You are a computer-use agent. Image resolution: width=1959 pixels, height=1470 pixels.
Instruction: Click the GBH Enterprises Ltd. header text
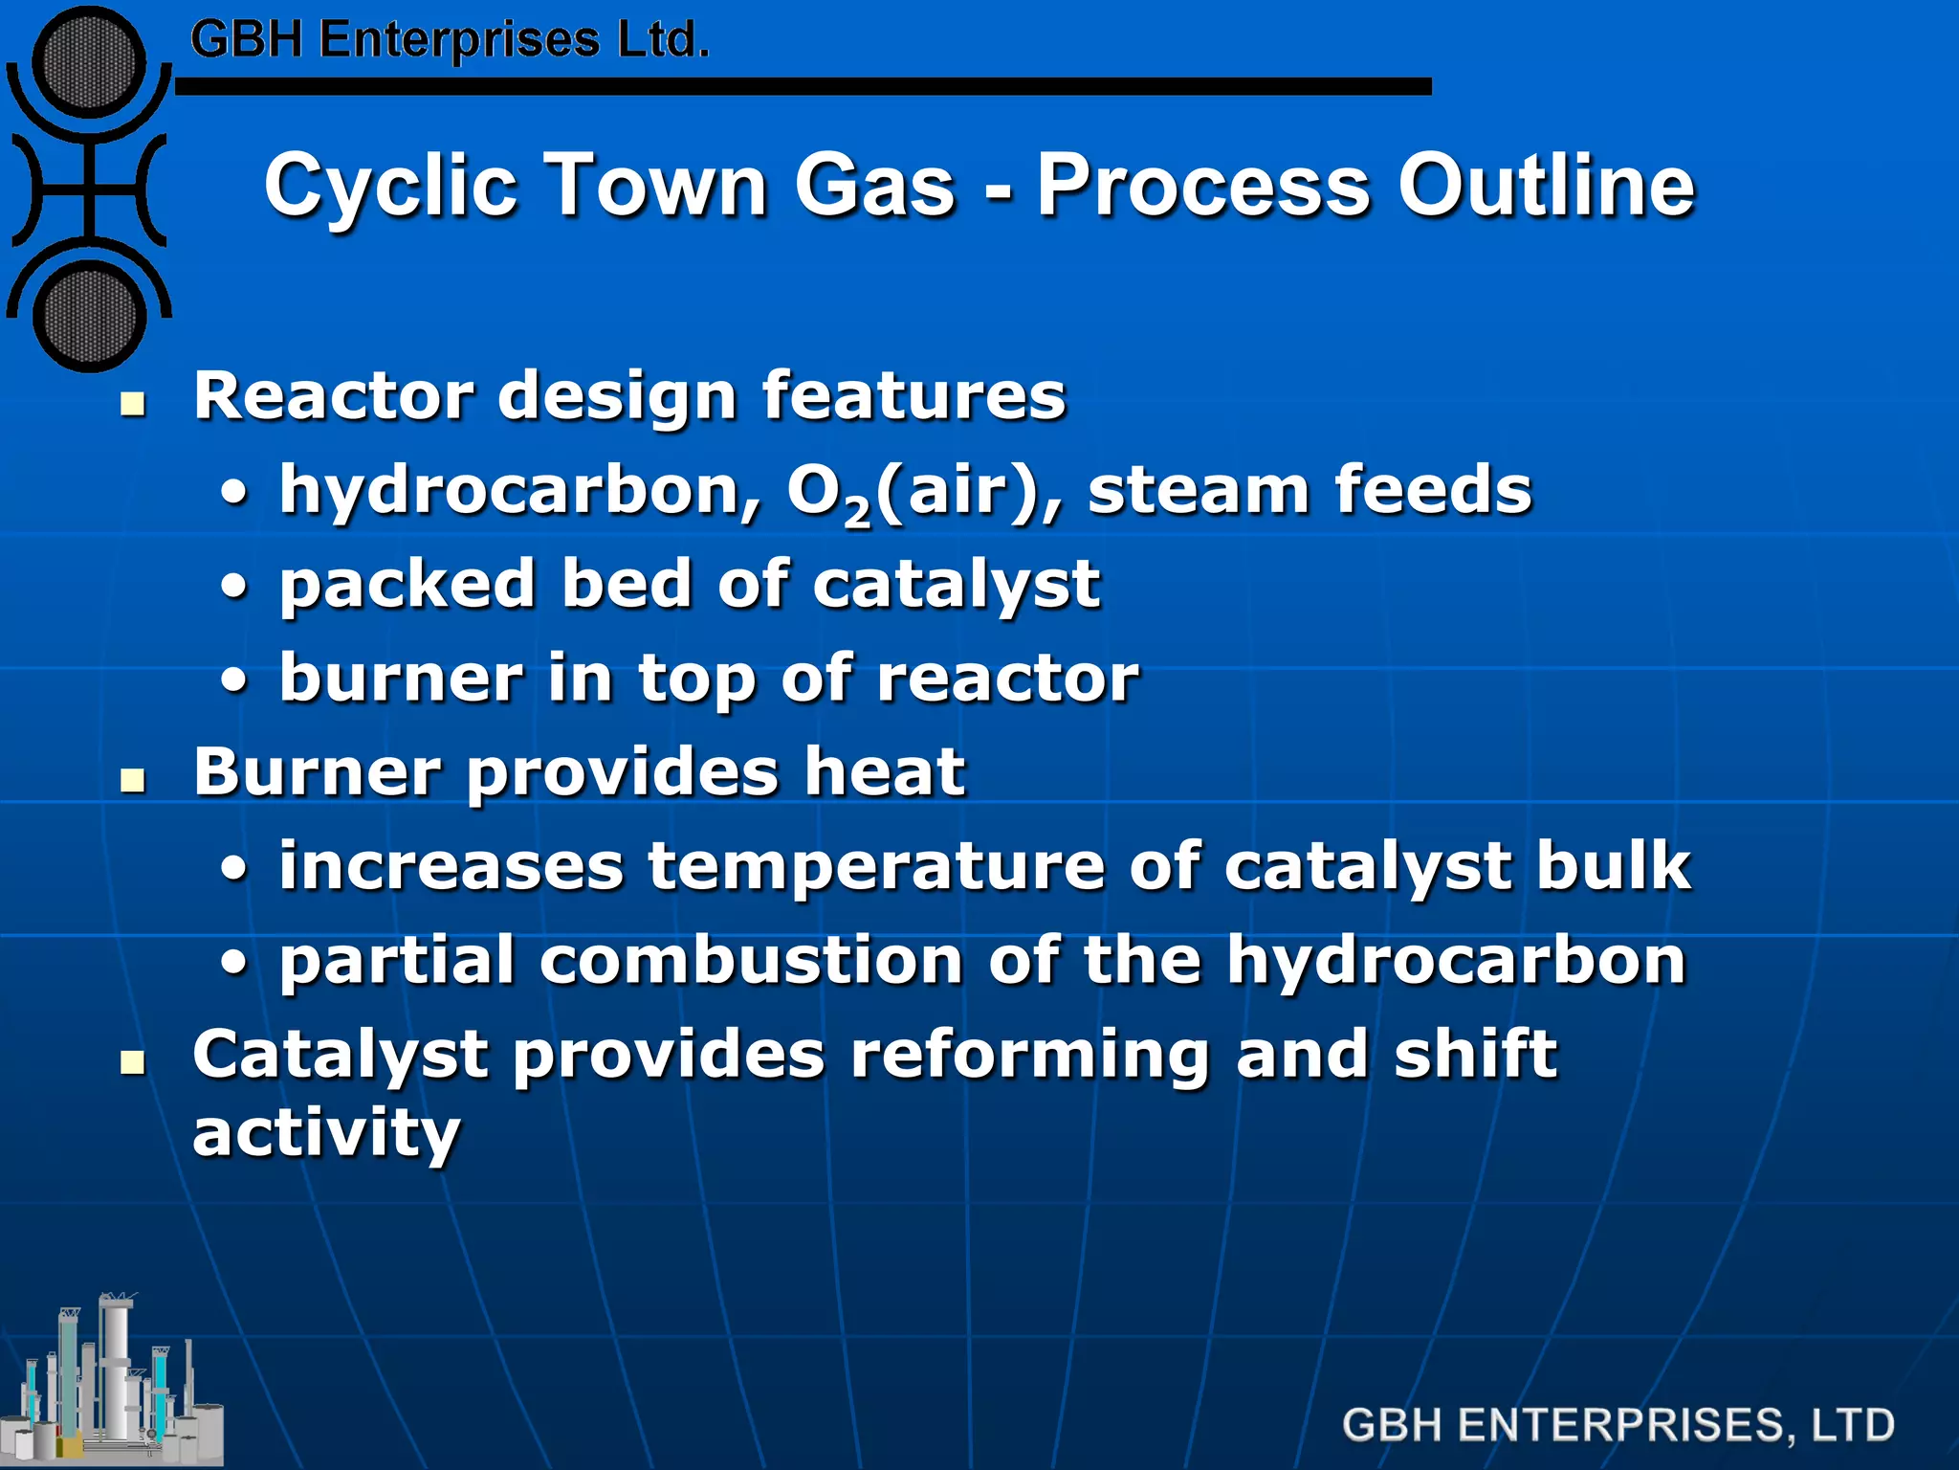pyautogui.click(x=450, y=40)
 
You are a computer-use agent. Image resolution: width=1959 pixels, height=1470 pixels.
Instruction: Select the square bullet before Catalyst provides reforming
pyautogui.click(x=133, y=1062)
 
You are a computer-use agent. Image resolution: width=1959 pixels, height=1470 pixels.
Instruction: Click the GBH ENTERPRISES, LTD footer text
pyautogui.click(x=1618, y=1425)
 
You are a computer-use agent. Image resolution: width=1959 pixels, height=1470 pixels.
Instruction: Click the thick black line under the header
pyautogui.click(x=803, y=87)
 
